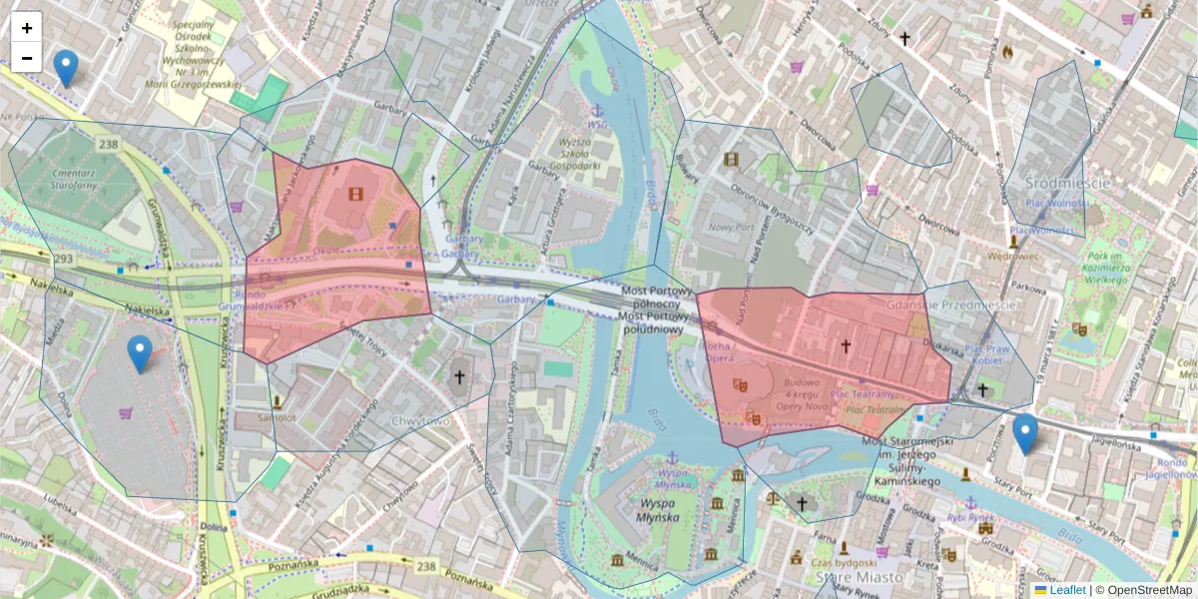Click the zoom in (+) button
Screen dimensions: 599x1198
(27, 27)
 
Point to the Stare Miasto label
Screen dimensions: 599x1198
(859, 577)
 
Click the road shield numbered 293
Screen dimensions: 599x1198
(64, 259)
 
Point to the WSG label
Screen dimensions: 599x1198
(597, 124)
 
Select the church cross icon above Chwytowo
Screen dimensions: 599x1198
(459, 377)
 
